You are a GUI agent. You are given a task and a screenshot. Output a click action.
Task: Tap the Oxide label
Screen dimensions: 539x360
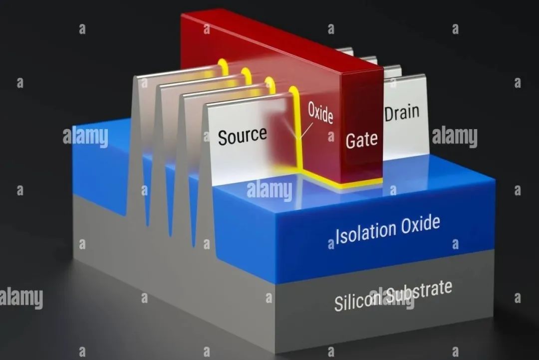coord(320,112)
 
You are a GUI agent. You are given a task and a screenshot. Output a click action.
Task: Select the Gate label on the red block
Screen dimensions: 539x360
coord(361,140)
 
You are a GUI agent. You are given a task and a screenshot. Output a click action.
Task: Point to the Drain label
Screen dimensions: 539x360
coord(402,113)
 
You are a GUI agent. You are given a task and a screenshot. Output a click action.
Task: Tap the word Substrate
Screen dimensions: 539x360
coord(419,292)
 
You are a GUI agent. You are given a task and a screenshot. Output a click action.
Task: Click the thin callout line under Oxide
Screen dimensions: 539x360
coord(306,131)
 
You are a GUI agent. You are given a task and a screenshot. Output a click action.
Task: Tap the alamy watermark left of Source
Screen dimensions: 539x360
coord(85,137)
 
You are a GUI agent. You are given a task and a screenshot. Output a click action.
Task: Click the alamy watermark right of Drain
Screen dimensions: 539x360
coord(455,137)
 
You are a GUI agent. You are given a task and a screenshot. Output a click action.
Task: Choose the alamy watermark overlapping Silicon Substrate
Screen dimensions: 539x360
coord(391,298)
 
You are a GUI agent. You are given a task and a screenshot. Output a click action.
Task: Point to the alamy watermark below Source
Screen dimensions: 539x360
coord(269,190)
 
